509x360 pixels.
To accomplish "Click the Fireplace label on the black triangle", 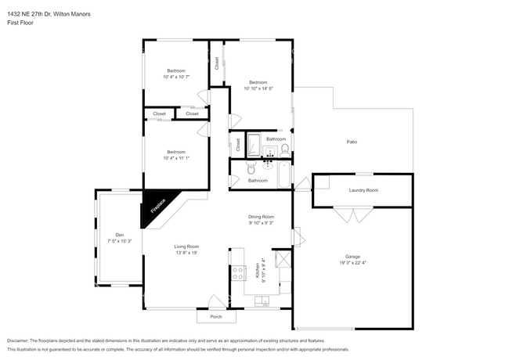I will (157, 206).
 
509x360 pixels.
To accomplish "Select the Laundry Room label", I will (363, 190).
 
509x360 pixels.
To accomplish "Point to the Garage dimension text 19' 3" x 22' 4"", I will (352, 263).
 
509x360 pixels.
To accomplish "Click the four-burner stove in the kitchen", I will (236, 272).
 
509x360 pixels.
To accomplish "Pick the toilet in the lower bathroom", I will (251, 168).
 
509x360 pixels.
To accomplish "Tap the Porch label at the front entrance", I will (216, 317).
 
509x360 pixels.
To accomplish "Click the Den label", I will (119, 235).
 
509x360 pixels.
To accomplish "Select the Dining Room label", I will (261, 217).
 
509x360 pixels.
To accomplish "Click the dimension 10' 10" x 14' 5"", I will (258, 88).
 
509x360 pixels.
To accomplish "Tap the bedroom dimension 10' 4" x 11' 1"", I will (175, 158).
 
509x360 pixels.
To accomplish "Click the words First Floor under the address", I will (20, 23).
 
